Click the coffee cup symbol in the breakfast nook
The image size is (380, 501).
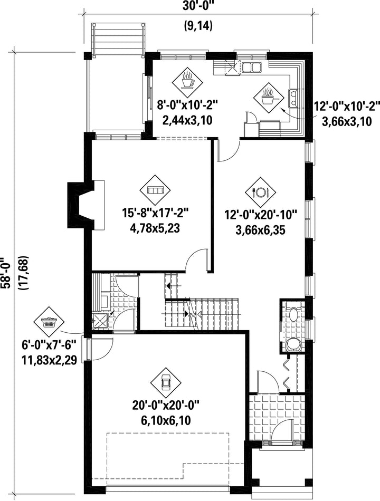[187, 82]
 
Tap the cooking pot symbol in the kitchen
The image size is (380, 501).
[269, 98]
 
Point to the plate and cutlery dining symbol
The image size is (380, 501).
[260, 192]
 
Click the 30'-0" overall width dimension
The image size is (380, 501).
[198, 7]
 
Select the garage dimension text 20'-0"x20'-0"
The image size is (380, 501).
[166, 406]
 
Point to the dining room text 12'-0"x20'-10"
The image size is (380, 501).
[261, 214]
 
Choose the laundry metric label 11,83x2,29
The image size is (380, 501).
[49, 360]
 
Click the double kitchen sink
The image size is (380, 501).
[251, 68]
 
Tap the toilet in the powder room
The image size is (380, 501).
[293, 345]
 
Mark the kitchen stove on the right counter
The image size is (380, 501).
[293, 98]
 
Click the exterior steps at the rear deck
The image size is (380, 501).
[117, 40]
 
